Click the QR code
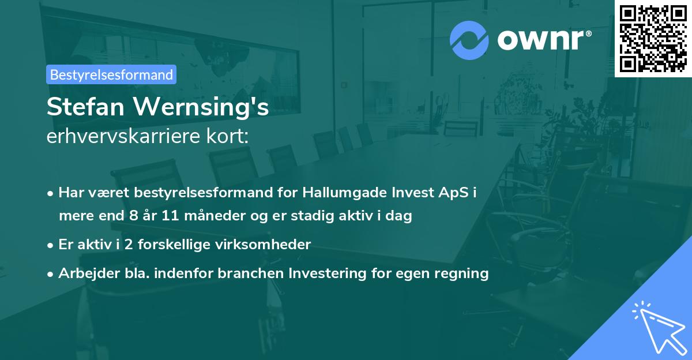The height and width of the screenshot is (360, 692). click(653, 38)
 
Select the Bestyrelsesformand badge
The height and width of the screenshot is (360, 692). click(111, 74)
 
